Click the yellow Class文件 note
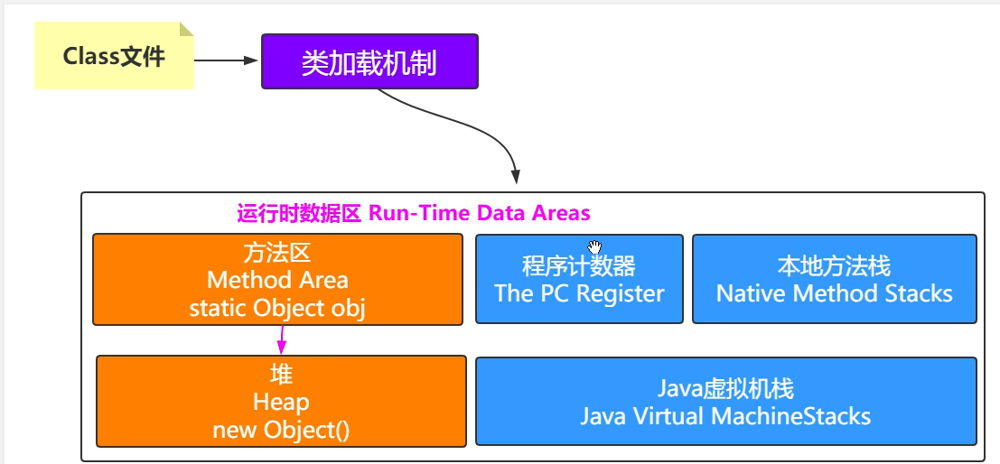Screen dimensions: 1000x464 pyautogui.click(x=114, y=55)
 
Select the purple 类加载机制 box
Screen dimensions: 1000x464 pyautogui.click(x=369, y=61)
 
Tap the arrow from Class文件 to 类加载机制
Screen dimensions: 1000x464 pyautogui.click(x=225, y=60)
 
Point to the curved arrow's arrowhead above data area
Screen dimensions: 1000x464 pyautogui.click(x=515, y=177)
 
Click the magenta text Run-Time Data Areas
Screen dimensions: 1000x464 pyautogui.click(x=480, y=213)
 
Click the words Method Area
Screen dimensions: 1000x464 pyautogui.click(x=277, y=280)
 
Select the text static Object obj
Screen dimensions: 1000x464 pyautogui.click(x=277, y=308)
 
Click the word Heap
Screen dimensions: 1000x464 pyautogui.click(x=281, y=403)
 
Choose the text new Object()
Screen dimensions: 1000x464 pyautogui.click(x=281, y=431)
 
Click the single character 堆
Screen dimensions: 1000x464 pyautogui.click(x=281, y=374)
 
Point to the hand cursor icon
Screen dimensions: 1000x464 pyautogui.click(x=594, y=247)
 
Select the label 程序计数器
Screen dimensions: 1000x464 pyautogui.click(x=579, y=266)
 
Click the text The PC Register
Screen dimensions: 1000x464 pyautogui.click(x=579, y=293)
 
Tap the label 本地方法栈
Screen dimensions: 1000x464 pyautogui.click(x=834, y=266)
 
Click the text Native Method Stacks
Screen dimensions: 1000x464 pyautogui.click(x=834, y=293)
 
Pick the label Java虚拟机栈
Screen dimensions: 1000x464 pyautogui.click(x=725, y=389)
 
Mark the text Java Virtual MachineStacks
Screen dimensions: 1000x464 pyautogui.click(x=725, y=416)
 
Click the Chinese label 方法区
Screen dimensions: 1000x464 pyautogui.click(x=277, y=253)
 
